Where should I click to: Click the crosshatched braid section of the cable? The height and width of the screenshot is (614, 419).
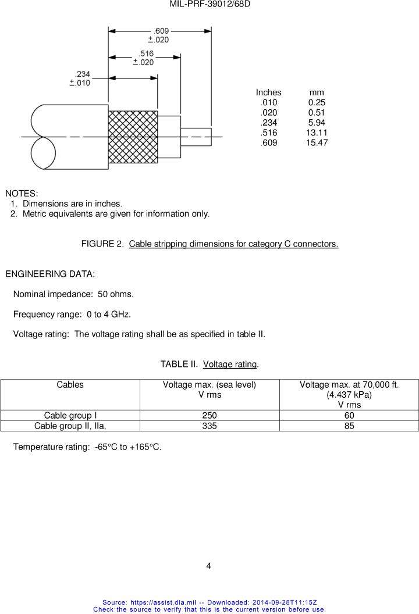133,137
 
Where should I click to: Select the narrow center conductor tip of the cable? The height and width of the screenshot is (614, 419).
196,137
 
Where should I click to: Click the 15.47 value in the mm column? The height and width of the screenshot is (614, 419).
317,142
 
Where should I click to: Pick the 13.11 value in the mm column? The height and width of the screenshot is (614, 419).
317,133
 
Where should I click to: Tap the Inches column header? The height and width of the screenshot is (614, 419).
268,92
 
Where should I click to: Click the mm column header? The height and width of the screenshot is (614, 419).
317,92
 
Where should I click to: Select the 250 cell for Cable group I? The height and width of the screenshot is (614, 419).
210,416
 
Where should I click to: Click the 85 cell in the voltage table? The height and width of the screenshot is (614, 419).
349,426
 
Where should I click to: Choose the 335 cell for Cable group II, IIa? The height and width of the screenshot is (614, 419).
210,426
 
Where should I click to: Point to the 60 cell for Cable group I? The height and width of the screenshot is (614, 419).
349,416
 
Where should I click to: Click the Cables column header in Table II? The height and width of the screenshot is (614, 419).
70,385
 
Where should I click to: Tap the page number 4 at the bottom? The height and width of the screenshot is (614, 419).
209,566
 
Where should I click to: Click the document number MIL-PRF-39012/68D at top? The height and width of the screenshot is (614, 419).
210,5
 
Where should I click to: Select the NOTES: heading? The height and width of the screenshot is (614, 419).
22,193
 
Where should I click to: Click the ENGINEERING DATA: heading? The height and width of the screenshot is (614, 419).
50,274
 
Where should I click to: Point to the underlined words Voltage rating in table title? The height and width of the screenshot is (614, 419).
230,365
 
